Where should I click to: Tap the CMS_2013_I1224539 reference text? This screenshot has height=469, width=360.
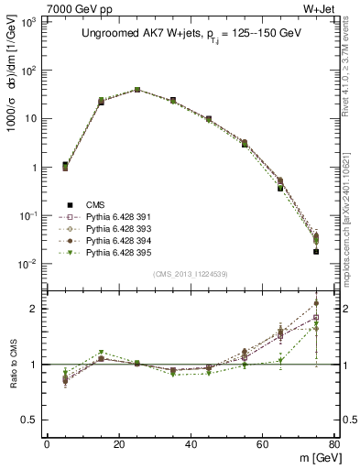pos(191,273)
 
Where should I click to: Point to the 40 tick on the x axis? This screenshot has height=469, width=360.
pos(191,445)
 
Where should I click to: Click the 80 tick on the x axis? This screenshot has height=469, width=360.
pos(334,445)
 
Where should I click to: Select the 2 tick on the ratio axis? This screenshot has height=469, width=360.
pos(35,309)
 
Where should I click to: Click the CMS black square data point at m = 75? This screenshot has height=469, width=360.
pos(316,251)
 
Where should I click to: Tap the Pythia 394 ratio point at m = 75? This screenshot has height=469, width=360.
pos(316,302)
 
